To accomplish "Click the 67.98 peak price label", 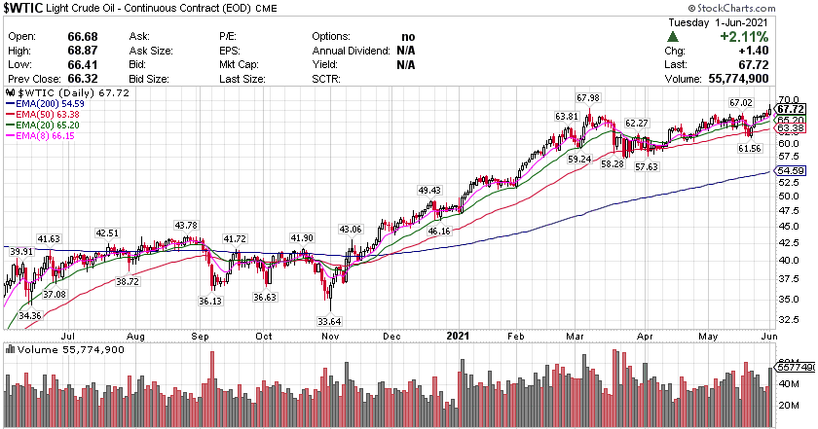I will [587, 97].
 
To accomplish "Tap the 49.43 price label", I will [429, 190].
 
